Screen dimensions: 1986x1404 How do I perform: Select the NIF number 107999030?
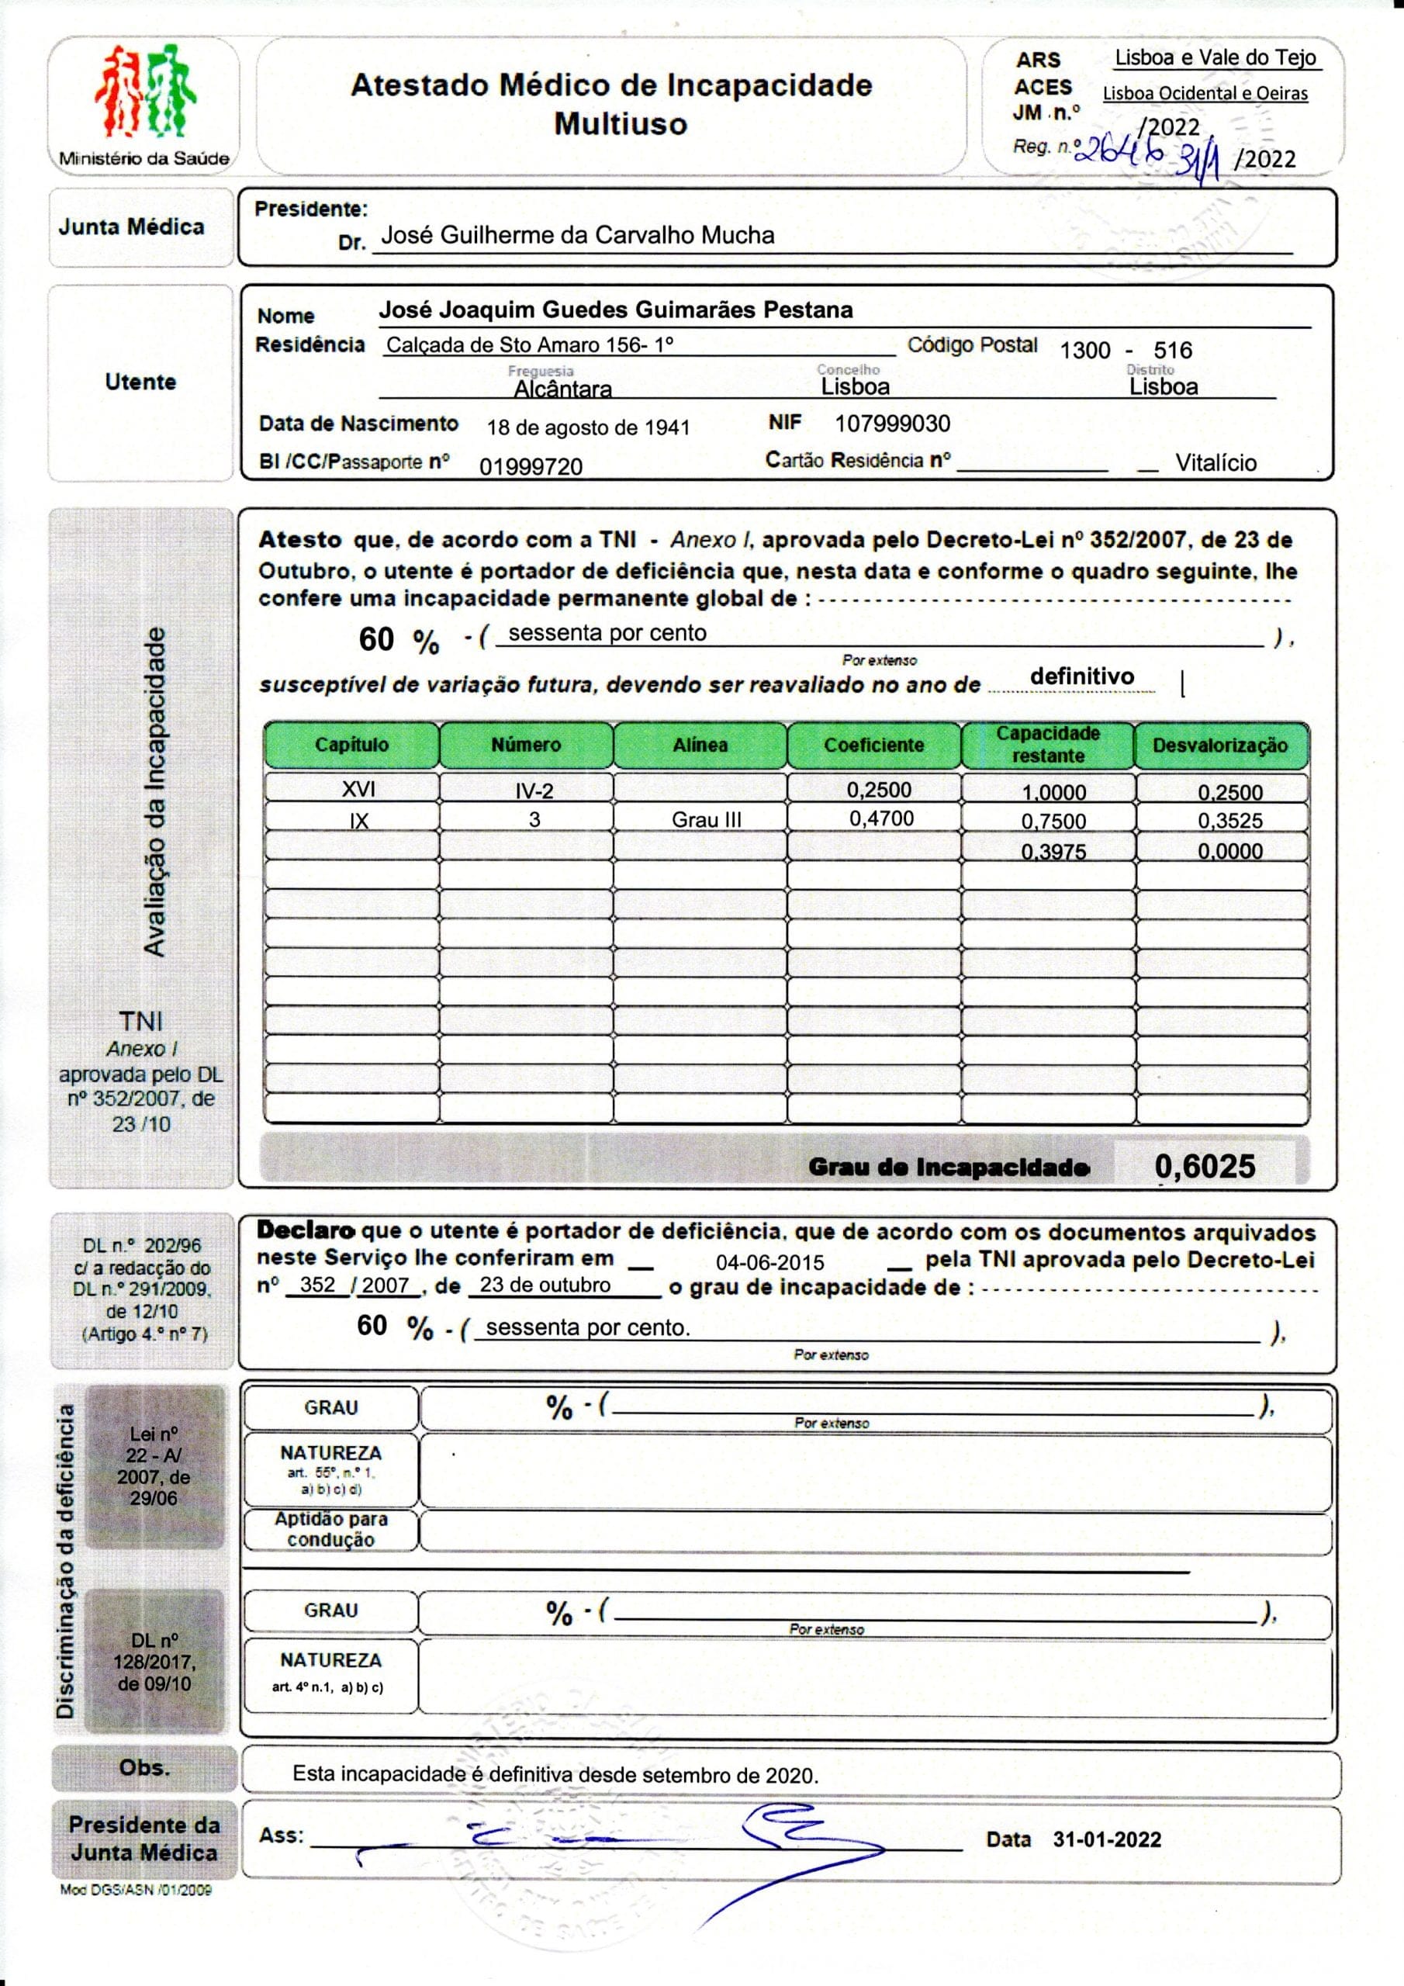point(892,424)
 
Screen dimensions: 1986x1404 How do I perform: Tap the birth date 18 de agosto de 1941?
point(588,427)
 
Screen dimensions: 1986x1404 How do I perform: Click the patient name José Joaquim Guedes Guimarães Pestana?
point(616,310)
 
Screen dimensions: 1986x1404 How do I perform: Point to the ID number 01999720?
point(531,467)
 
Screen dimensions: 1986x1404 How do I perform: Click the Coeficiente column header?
point(873,745)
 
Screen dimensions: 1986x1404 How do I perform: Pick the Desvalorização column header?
point(1219,745)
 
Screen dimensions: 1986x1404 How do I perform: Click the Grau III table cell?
point(706,820)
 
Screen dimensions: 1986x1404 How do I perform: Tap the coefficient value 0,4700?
point(880,818)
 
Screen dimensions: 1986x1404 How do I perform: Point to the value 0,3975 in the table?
point(1053,852)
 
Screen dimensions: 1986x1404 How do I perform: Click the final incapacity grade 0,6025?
point(1204,1166)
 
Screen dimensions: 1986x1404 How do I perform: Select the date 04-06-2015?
point(770,1262)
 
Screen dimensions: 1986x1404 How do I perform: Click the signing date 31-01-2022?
point(1107,1839)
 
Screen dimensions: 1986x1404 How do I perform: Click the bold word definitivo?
point(1081,676)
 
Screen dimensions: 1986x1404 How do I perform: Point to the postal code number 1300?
point(1084,351)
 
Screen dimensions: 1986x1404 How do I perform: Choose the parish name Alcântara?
point(562,389)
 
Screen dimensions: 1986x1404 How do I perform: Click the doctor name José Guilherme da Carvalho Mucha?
point(577,235)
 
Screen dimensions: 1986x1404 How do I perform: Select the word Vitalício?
point(1216,463)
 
